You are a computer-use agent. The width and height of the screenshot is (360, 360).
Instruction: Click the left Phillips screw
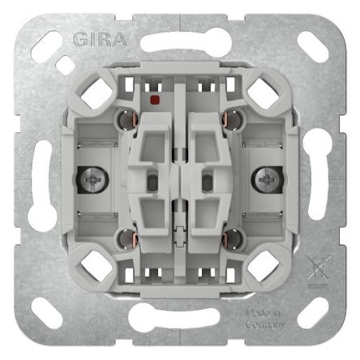coord(93,181)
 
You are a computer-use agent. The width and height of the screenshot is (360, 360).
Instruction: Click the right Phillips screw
coord(267,181)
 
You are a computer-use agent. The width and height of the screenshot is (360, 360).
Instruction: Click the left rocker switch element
coord(151,180)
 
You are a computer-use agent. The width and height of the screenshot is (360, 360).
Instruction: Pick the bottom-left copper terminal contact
coord(127,239)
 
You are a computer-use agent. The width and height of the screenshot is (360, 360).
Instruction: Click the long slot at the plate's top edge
coord(180,43)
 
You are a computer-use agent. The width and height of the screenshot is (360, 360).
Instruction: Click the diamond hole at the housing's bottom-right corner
coord(262,265)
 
